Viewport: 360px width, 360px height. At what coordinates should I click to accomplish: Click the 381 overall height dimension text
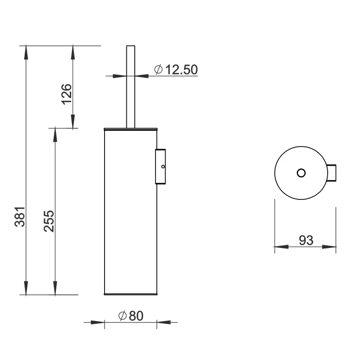coord(19,216)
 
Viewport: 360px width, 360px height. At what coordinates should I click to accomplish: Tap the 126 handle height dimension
coord(66,93)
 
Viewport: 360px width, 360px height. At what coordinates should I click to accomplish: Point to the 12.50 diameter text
coord(181,70)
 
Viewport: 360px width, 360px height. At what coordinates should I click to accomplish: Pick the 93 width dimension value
coord(306,240)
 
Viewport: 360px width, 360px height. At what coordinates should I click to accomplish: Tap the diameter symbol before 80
coord(123,316)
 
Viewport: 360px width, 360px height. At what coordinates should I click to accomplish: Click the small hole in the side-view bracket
coord(162,166)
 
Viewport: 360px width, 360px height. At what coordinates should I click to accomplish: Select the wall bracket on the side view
coord(161,166)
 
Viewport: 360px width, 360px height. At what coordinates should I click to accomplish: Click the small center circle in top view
coord(301,173)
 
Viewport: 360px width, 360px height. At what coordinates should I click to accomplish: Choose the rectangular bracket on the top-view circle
coord(332,173)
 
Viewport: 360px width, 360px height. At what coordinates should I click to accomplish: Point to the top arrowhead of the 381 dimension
coord(26,50)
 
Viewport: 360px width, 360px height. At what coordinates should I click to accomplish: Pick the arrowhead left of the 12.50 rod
coord(119,76)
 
